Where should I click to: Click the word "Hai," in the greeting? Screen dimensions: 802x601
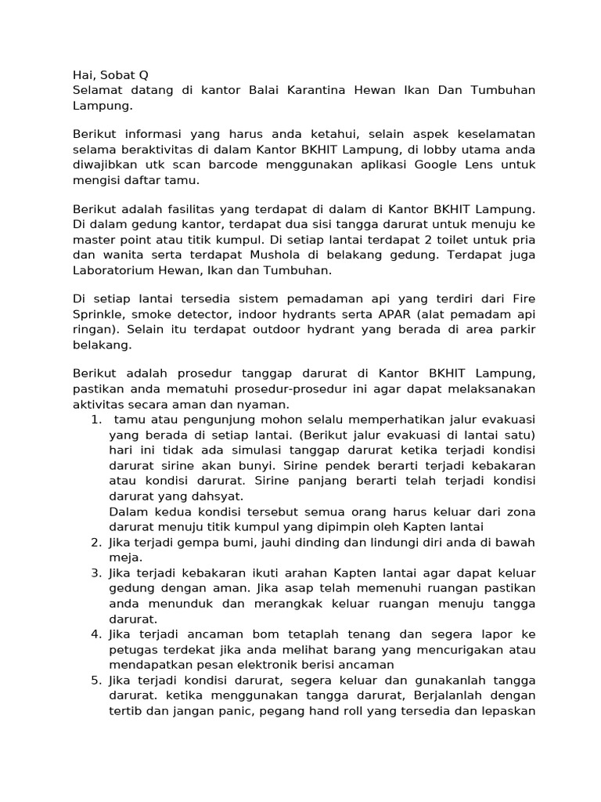pos(85,75)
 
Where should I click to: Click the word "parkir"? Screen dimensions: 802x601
pos(513,330)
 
